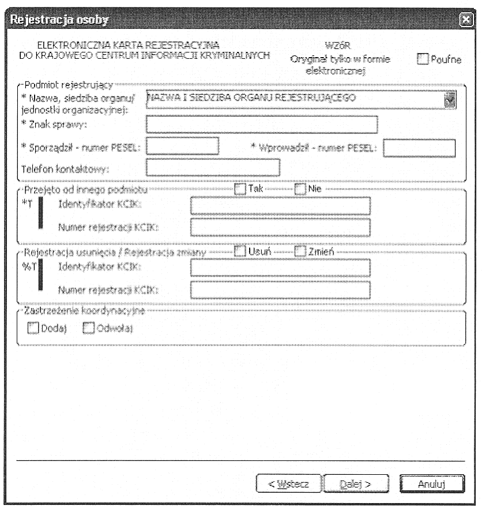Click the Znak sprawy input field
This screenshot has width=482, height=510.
click(x=262, y=124)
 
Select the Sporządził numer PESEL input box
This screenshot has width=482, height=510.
click(x=183, y=147)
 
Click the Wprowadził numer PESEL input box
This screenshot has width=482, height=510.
click(x=419, y=149)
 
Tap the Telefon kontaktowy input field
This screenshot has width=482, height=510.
click(x=213, y=167)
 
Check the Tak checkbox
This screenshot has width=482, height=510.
click(x=240, y=189)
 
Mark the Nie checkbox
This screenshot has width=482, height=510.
click(x=300, y=189)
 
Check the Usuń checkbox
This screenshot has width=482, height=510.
click(x=240, y=252)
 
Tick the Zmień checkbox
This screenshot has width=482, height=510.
click(x=300, y=252)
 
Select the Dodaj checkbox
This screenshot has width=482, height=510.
click(x=33, y=328)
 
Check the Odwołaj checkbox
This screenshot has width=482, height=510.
click(x=89, y=328)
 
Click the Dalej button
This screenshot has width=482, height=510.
click(x=355, y=483)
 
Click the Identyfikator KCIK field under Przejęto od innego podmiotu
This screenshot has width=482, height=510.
click(x=280, y=206)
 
